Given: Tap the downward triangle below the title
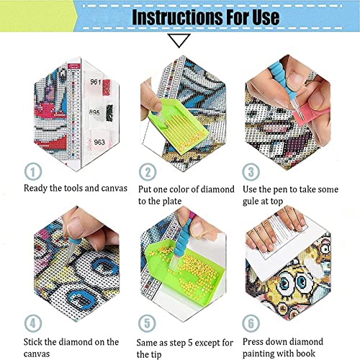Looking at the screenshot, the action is click(x=179, y=40).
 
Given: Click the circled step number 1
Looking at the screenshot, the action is click(x=33, y=171).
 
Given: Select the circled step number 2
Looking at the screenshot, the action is click(x=148, y=172).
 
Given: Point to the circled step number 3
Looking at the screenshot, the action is click(x=251, y=172).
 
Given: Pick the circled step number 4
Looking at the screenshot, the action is click(x=33, y=323).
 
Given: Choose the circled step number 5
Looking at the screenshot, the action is click(x=147, y=323).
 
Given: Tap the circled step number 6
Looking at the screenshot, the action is click(x=251, y=323).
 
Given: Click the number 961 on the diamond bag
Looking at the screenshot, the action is click(x=96, y=82).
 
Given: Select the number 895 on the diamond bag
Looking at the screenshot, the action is click(x=94, y=112).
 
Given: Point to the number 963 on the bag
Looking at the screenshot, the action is click(x=99, y=142).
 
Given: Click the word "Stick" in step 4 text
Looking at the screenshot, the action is click(x=33, y=342).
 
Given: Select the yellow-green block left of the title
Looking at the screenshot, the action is click(x=37, y=16).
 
